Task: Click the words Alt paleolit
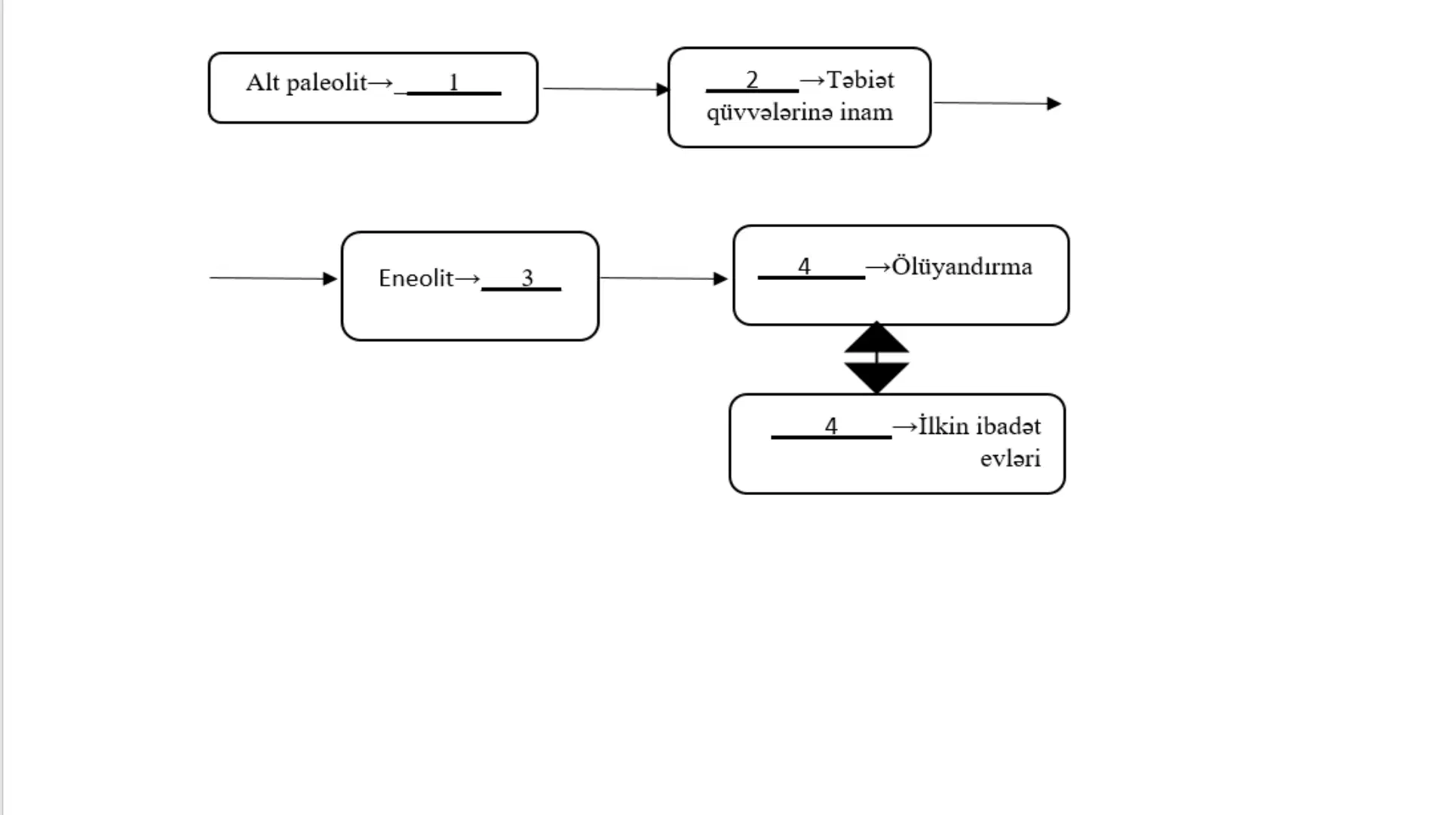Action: point(306,82)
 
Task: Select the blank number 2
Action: point(752,79)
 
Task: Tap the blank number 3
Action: point(527,278)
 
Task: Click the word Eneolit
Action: point(416,278)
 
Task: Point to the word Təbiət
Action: point(861,79)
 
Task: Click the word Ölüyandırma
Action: point(962,266)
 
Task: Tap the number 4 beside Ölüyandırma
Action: point(804,266)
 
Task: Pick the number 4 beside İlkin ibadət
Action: point(831,426)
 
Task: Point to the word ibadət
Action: point(1009,426)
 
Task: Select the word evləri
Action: point(1011,458)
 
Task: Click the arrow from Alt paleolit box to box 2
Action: point(606,89)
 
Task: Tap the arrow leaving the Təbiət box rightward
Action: point(997,103)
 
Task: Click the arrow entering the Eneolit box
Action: point(273,278)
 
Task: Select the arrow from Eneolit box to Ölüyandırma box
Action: point(664,278)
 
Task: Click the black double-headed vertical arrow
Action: point(876,358)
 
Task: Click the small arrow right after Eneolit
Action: point(468,278)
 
